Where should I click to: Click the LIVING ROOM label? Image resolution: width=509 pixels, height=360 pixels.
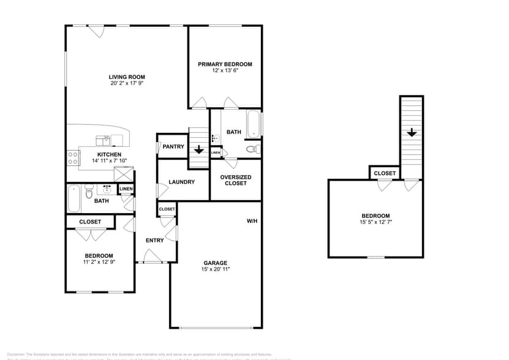127,77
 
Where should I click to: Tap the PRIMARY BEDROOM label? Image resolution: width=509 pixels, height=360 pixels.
225,64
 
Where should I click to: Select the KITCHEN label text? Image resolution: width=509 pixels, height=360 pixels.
109,154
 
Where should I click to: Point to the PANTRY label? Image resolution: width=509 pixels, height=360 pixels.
173,147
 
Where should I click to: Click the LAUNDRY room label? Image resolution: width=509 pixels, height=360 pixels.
182,182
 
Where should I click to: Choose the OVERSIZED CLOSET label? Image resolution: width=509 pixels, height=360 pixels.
236,180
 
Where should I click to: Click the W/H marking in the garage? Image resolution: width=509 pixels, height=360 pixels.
252,221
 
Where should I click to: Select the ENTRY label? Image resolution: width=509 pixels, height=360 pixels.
155,241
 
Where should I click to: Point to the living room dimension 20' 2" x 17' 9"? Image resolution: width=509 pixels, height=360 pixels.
127,83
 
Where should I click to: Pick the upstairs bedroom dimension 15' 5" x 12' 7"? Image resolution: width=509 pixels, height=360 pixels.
375,222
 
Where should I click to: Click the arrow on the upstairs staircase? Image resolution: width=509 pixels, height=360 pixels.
412,132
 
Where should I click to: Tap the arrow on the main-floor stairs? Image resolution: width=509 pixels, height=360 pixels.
198,149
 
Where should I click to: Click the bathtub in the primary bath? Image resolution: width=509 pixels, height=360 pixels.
254,124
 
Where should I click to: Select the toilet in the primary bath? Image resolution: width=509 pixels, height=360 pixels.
252,149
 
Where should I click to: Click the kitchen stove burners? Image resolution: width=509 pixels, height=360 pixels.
72,158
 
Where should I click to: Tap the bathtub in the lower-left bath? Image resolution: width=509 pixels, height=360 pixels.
74,197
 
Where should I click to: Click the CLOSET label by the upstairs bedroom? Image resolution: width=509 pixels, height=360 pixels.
385,173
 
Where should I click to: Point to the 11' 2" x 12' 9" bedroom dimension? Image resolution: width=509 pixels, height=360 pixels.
99,262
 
